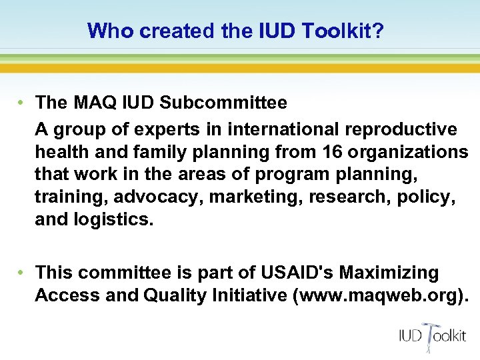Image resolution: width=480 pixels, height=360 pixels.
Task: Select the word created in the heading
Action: point(173,31)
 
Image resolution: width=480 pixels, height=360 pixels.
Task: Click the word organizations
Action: point(411,152)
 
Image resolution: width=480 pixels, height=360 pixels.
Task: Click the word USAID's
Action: point(293,273)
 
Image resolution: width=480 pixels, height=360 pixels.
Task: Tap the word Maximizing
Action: point(389,273)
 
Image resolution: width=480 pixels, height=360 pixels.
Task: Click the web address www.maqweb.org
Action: point(379,295)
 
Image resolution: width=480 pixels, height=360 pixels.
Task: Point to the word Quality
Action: point(175,295)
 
